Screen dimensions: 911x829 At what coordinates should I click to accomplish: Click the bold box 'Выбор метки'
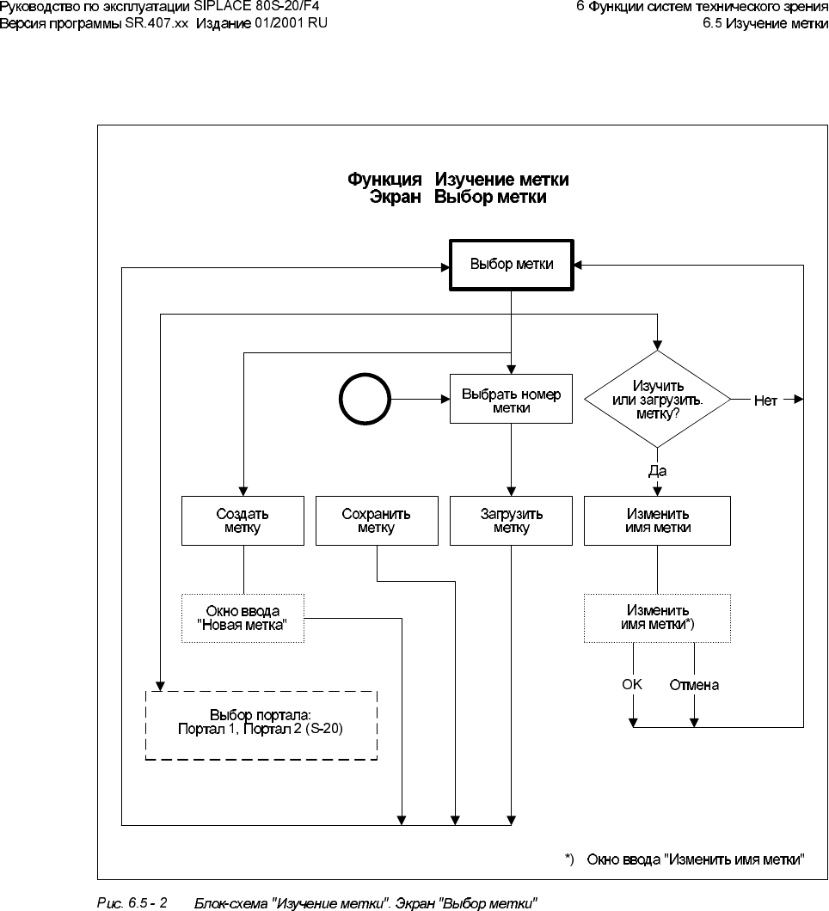pyautogui.click(x=512, y=265)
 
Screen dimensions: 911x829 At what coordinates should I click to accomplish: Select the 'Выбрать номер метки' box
pyautogui.click(x=512, y=400)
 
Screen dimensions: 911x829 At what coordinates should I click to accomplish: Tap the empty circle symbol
pyautogui.click(x=364, y=400)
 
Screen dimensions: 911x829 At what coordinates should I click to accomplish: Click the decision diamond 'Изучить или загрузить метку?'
pyautogui.click(x=657, y=400)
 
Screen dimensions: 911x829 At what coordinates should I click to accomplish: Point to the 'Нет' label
pyautogui.click(x=765, y=400)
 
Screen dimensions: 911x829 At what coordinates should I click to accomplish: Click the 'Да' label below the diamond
pyautogui.click(x=657, y=470)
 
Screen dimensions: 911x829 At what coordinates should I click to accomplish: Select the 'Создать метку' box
pyautogui.click(x=243, y=521)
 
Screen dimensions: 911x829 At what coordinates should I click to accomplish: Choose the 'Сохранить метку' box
pyautogui.click(x=377, y=521)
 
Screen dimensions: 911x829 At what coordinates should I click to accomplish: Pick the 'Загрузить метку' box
pyautogui.click(x=512, y=521)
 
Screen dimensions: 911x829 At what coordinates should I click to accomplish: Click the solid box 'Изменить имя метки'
pyautogui.click(x=657, y=521)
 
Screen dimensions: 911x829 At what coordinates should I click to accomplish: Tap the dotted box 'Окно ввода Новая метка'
pyautogui.click(x=243, y=618)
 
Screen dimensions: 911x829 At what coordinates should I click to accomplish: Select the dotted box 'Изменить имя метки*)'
pyautogui.click(x=657, y=618)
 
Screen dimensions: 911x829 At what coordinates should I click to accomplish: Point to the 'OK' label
pyautogui.click(x=632, y=685)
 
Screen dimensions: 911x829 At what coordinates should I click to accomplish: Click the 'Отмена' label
pyautogui.click(x=694, y=686)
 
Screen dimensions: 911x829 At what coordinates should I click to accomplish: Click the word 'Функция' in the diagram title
pyautogui.click(x=384, y=180)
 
